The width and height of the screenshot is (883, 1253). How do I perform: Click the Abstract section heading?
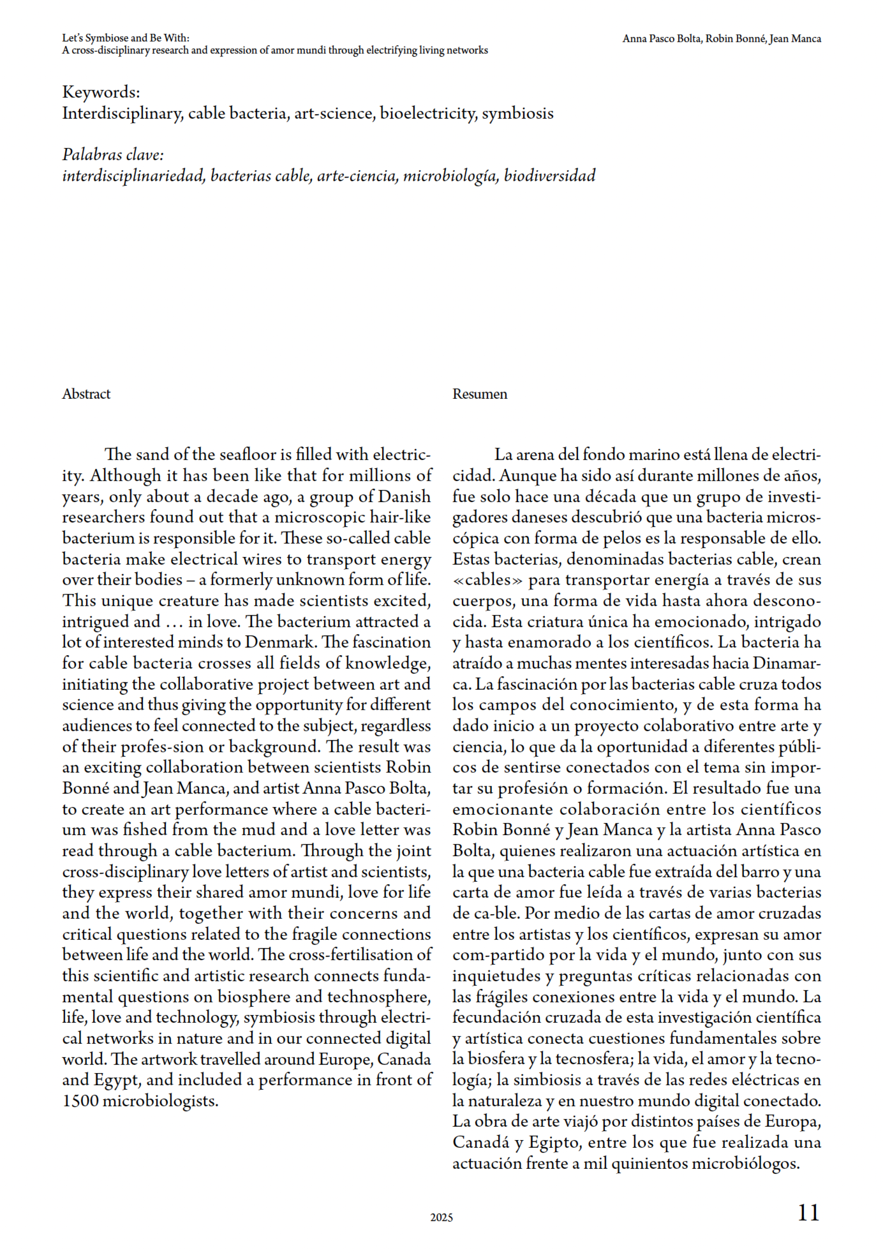point(86,394)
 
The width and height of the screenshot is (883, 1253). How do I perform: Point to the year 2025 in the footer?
point(441,1218)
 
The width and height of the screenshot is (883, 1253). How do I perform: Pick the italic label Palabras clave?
point(113,155)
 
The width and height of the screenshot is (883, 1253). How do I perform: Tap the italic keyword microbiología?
point(450,176)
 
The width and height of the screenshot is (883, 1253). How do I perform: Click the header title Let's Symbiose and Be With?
point(125,38)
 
